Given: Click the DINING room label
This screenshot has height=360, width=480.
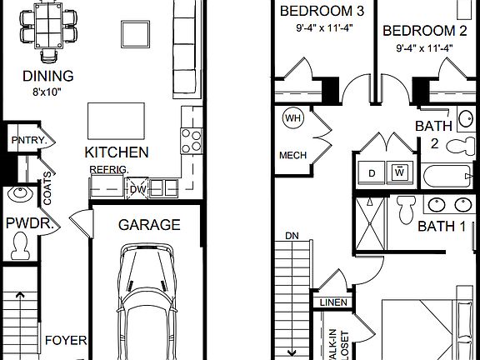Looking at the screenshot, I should point(47,77).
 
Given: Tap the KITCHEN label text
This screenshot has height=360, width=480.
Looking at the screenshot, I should point(117,152).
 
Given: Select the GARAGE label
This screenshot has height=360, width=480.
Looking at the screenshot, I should point(148,225).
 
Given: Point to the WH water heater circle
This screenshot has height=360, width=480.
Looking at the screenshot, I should point(292,118).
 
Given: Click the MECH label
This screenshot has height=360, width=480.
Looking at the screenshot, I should point(292,155).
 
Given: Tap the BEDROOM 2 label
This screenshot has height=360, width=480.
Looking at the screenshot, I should point(424,31).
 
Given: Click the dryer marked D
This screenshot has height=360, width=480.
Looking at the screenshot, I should point(371,172).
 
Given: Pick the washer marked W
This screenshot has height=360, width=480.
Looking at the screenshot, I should point(398,172).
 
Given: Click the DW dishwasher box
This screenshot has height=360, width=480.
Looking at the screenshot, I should point(137,188).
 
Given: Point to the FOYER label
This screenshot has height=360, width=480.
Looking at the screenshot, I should point(66,340).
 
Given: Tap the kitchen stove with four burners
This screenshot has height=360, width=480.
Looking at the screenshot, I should point(191,138).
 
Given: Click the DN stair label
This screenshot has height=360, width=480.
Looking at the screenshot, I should point(291,236).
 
